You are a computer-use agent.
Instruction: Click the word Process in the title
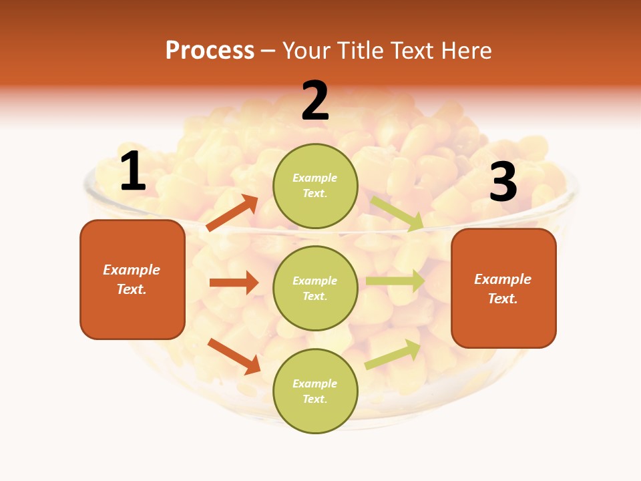(210, 50)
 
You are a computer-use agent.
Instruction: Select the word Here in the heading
(465, 50)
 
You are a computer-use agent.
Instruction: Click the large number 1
(133, 172)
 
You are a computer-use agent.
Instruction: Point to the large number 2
(315, 101)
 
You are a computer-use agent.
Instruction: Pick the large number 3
(503, 182)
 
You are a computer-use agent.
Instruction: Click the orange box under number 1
(132, 279)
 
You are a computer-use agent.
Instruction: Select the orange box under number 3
(503, 289)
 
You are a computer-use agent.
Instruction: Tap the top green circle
(315, 186)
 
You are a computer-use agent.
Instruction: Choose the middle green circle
(315, 288)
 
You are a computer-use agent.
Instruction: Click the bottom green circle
(315, 391)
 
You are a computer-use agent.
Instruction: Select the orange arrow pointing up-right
(232, 212)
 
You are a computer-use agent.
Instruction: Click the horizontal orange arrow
(234, 283)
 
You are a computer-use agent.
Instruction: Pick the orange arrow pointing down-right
(234, 356)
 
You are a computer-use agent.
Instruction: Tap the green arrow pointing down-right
(397, 213)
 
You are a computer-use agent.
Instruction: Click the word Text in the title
(412, 50)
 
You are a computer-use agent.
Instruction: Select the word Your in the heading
(307, 50)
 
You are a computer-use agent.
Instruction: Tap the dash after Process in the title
(268, 51)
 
